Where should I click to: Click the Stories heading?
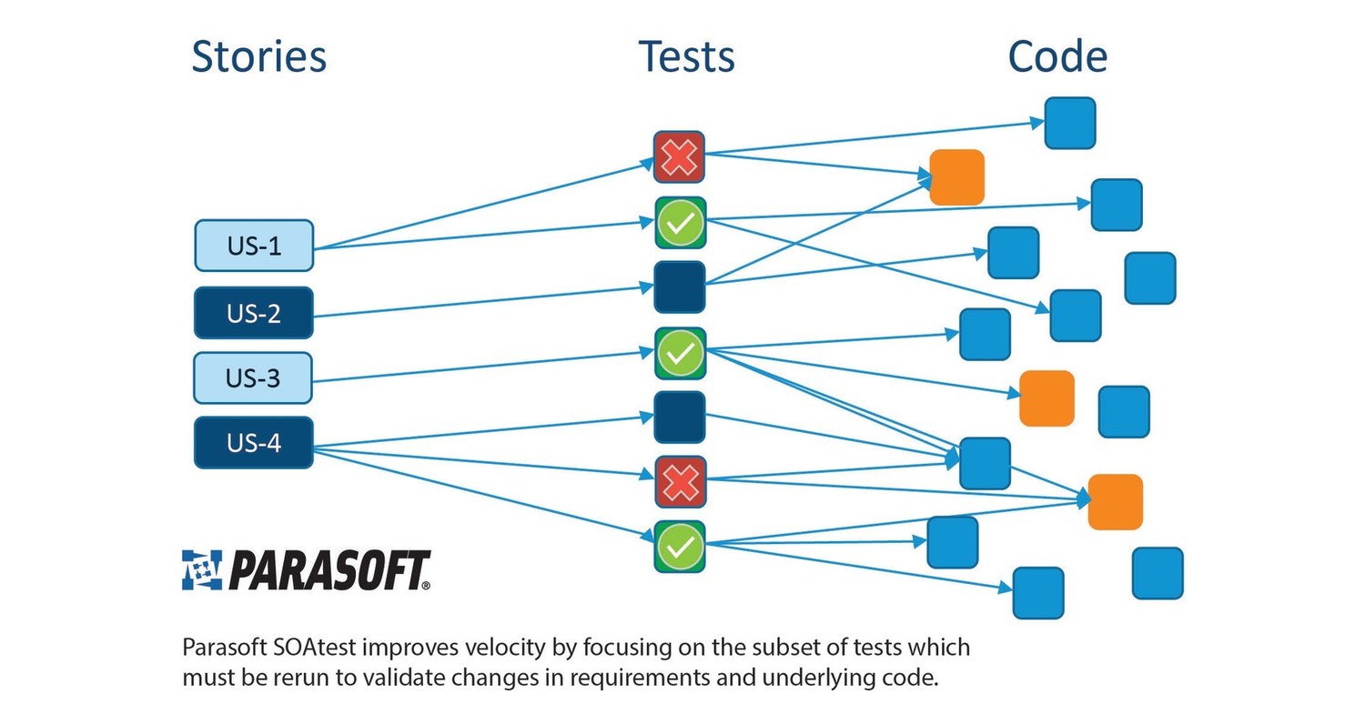click(258, 56)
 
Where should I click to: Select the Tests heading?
click(686, 56)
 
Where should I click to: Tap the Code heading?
click(1057, 56)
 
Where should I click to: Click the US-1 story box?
click(254, 246)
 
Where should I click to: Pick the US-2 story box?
click(254, 313)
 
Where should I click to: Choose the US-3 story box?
click(253, 377)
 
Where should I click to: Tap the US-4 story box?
click(254, 443)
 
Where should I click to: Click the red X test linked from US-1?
click(680, 157)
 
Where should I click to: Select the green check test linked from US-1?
click(680, 223)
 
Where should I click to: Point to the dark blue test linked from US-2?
click(680, 287)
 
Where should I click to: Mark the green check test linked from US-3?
click(680, 353)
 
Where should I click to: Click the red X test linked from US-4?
click(680, 482)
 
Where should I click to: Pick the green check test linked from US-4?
click(680, 547)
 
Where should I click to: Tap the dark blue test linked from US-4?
click(680, 417)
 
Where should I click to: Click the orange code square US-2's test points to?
click(956, 177)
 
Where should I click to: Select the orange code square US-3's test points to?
click(1046, 398)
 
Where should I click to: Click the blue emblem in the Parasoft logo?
click(201, 570)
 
